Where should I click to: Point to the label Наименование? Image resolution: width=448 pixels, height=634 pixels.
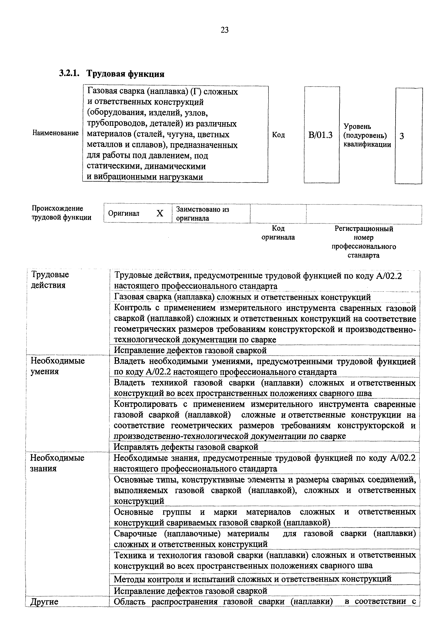click(x=55, y=133)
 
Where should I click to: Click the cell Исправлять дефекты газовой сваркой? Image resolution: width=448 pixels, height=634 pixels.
click(x=186, y=447)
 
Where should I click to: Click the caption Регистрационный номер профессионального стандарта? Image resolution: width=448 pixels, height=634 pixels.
click(x=364, y=242)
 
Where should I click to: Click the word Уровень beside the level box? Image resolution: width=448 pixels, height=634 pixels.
click(x=357, y=127)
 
